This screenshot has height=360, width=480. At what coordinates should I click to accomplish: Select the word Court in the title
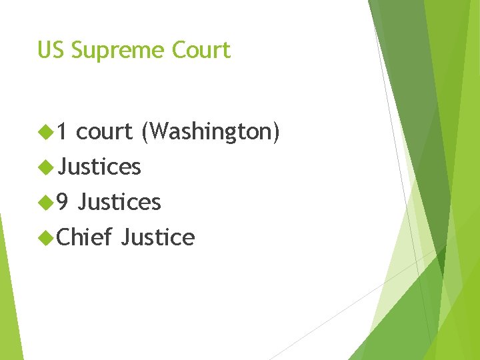[201, 50]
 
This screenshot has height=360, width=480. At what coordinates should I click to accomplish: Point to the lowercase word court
[104, 132]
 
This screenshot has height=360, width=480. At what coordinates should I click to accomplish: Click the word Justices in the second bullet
[99, 167]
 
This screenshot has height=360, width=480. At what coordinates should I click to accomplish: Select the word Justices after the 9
[119, 202]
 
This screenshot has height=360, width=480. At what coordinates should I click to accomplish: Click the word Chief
[84, 237]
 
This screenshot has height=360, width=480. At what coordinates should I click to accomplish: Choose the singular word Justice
[158, 237]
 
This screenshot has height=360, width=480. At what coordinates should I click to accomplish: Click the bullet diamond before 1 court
[46, 133]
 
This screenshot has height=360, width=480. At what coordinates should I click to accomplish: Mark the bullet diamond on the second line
[46, 167]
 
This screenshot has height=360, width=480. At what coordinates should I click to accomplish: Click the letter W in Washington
[157, 132]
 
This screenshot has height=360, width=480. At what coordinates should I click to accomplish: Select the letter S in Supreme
[77, 50]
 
